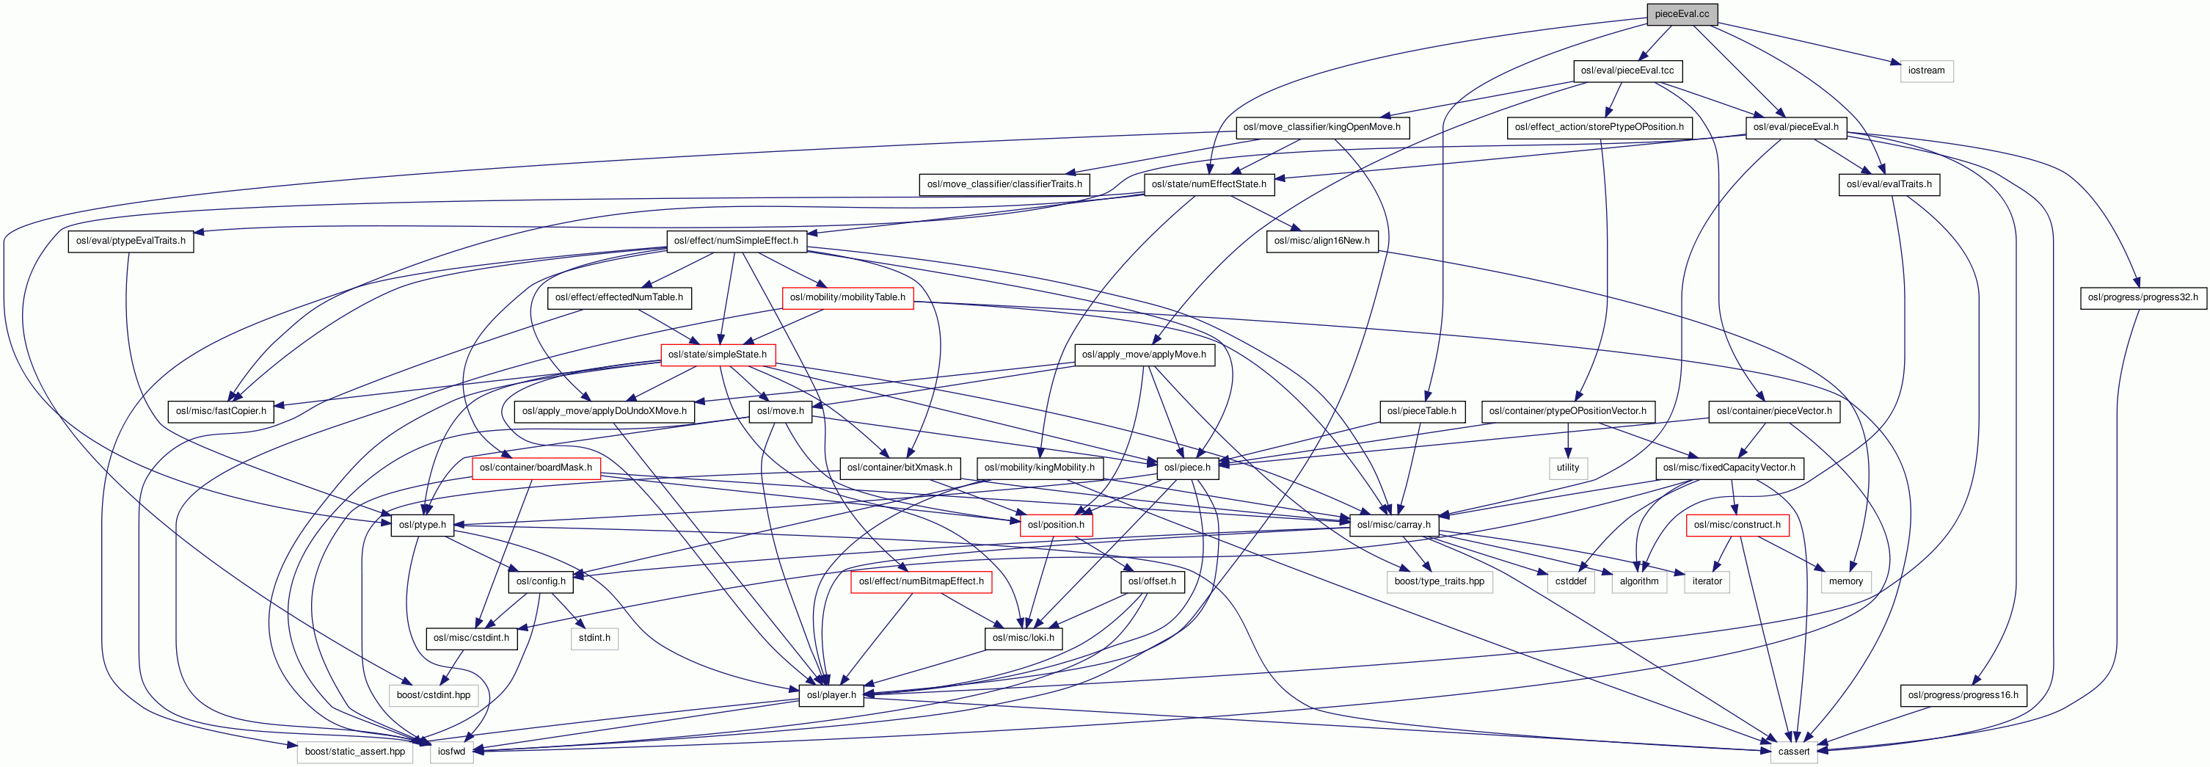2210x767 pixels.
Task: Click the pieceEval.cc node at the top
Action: [1681, 14]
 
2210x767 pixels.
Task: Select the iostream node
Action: [1926, 70]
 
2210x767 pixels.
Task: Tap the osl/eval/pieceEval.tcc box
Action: [1627, 70]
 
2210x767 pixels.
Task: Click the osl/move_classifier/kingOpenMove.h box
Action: [1321, 127]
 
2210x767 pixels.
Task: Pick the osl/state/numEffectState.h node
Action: [1208, 184]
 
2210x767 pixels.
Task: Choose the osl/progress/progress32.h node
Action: [2142, 298]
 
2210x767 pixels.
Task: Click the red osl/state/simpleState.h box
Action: [717, 355]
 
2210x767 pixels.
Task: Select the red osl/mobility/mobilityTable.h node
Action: [847, 298]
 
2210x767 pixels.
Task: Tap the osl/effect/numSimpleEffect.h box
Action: [735, 241]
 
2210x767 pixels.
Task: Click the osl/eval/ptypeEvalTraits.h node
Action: [131, 241]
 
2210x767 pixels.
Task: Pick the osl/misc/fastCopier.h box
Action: [220, 411]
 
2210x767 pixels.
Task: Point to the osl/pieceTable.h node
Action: [1421, 411]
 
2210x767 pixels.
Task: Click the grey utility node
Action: [1567, 468]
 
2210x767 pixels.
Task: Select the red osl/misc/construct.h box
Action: [1737, 525]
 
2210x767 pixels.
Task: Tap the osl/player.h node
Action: [831, 695]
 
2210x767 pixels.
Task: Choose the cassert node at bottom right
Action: [1793, 752]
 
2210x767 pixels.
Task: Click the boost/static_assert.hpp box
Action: [354, 752]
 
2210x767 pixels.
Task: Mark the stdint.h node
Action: [594, 639]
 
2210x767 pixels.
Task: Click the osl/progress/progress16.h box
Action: [1962, 695]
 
